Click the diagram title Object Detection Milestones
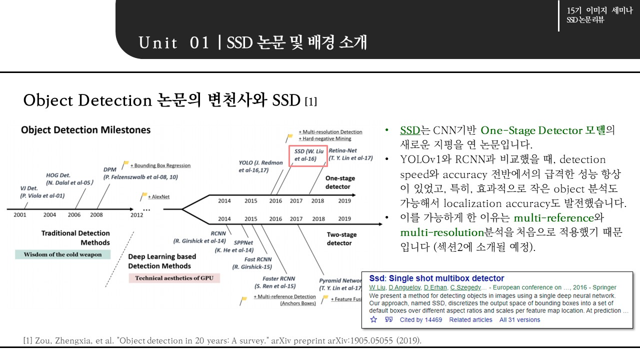coord(85,130)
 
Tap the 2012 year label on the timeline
coord(136,215)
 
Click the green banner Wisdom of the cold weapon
coord(62,254)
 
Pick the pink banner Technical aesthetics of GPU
coord(174,278)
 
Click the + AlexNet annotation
coord(158,196)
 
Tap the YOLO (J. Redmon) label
coord(260,166)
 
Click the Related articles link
coord(470,320)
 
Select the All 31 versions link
coord(519,320)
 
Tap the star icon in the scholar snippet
coord(373,320)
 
